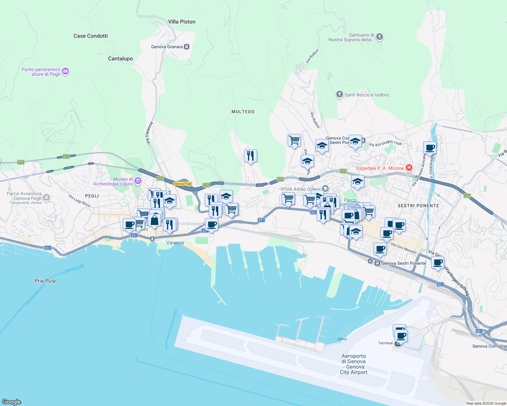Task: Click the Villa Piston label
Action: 182,22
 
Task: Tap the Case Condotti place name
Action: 90,36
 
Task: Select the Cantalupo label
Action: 120,59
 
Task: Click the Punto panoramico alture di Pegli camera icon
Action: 66,71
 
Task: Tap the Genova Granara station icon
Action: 186,47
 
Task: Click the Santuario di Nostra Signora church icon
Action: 380,37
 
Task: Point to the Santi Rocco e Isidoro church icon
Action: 339,94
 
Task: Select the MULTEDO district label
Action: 243,112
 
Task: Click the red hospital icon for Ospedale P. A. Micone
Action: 409,167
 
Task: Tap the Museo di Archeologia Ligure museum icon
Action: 138,181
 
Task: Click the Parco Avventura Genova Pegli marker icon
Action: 46,197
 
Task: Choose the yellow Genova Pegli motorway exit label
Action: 182,184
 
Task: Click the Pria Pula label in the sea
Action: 45,281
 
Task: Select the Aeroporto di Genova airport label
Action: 353,364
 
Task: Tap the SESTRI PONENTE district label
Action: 418,206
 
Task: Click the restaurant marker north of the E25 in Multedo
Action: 250,156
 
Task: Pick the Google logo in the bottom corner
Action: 12,402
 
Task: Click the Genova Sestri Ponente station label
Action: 403,263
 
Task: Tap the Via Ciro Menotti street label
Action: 404,248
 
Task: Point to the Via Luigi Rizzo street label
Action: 79,201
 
